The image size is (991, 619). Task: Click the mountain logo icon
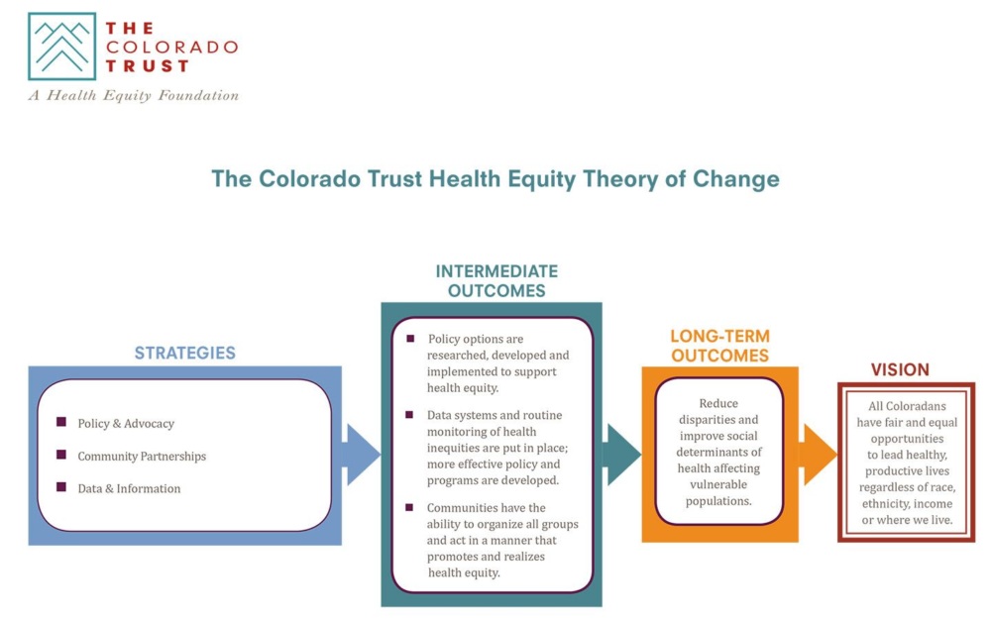coord(61,47)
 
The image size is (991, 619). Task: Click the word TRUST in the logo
coord(148,66)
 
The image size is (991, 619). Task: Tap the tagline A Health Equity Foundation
coord(134,95)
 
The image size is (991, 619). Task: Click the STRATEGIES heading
coord(184,353)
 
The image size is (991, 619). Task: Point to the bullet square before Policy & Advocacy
coord(61,422)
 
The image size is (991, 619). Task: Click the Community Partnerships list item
coord(142,456)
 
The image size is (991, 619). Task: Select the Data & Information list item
coord(129,488)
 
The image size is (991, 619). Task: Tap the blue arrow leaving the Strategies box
coord(361,455)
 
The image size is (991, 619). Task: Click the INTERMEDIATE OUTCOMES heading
coord(496,281)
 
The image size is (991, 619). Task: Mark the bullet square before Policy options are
coord(411,339)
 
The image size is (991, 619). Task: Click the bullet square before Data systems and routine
coord(409,415)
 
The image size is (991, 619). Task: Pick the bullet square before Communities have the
coord(409,507)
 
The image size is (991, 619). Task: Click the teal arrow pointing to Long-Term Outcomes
coord(622,455)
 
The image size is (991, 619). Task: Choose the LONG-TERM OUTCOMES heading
coord(719,346)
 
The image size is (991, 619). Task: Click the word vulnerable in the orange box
coord(719,484)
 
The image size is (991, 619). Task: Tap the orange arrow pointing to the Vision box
coord(818,455)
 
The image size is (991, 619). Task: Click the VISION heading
coord(900,369)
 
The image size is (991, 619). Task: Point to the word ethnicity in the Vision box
coord(884,504)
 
